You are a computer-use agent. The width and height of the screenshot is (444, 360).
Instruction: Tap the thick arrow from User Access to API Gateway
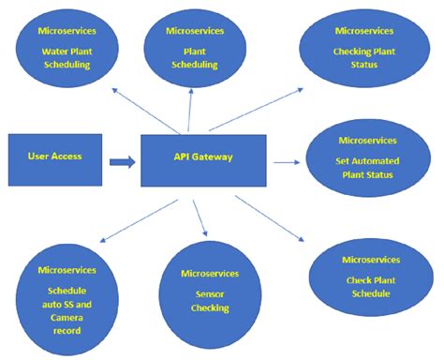tap(121, 162)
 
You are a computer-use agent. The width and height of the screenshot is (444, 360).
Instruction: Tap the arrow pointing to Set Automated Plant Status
tap(287, 162)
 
